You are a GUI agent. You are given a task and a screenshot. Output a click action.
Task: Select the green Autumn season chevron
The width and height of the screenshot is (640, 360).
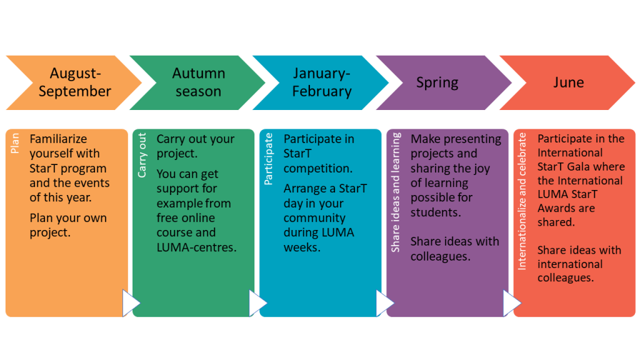(x=198, y=82)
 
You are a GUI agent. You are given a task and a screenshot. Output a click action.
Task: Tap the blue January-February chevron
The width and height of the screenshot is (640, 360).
(x=321, y=82)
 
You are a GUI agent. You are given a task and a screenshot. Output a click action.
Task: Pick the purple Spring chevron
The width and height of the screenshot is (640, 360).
(x=444, y=82)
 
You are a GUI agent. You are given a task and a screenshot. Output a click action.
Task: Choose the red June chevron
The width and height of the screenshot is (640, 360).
(x=567, y=82)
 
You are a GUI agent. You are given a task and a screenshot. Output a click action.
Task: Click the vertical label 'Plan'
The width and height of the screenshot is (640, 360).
(x=15, y=143)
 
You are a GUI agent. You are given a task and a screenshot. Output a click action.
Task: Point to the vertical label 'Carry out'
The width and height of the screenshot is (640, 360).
(x=142, y=155)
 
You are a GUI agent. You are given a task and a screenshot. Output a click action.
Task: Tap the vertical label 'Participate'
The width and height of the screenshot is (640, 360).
(x=269, y=159)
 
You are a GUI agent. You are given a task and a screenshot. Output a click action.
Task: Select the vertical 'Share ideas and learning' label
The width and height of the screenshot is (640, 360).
(x=396, y=192)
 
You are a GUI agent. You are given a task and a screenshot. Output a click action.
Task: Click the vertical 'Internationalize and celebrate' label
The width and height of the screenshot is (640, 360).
(x=522, y=202)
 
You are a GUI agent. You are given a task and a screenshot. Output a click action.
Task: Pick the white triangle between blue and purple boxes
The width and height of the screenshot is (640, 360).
(x=385, y=303)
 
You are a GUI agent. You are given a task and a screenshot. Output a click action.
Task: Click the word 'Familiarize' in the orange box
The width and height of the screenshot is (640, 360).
(x=58, y=139)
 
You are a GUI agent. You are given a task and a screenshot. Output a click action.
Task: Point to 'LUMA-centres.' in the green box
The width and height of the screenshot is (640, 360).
(x=196, y=247)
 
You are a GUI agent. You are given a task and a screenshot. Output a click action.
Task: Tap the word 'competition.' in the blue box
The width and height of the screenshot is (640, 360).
(x=318, y=169)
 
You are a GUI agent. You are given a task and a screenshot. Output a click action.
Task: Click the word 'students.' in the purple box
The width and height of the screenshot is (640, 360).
(x=436, y=212)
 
